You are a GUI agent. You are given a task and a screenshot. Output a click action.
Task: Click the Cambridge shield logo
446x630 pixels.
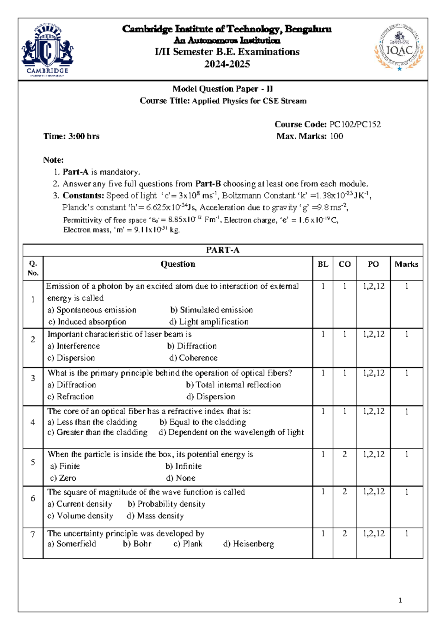47,49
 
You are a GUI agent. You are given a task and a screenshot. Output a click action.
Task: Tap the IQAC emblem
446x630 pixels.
399,48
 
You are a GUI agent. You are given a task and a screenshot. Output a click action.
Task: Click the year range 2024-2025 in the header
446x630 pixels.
227,64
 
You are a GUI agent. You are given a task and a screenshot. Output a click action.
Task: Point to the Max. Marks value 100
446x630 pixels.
336,136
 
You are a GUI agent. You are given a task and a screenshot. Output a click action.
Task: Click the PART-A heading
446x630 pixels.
223,250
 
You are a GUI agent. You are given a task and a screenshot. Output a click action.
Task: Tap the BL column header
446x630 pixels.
323,264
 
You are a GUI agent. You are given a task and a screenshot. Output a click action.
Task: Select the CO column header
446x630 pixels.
345,264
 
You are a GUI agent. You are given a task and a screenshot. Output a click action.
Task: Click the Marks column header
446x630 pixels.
406,264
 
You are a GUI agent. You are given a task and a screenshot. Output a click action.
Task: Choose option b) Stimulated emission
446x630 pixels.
211,310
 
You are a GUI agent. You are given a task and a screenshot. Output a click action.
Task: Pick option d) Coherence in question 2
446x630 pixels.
193,358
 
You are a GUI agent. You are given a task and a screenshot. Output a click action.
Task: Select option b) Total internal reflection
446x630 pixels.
233,385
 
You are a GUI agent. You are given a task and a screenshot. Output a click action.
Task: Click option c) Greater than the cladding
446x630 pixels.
97,432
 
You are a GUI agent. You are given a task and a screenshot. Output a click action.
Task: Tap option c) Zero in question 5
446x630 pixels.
63,478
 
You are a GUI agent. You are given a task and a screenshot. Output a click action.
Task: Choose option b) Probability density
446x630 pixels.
167,504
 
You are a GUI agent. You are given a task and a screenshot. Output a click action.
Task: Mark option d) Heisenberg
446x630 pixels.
249,544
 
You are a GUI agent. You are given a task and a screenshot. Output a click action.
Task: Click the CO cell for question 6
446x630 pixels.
345,492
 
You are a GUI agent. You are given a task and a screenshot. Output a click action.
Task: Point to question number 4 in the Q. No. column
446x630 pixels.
33,422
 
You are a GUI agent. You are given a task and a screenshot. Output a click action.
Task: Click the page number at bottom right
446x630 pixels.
400,600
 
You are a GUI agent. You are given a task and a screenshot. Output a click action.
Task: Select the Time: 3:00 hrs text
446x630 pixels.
71,136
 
